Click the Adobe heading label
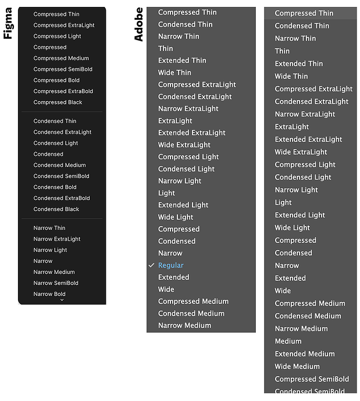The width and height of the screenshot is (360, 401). pos(138,24)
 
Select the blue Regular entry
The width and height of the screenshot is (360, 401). pos(171,265)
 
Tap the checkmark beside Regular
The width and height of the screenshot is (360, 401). pos(151,265)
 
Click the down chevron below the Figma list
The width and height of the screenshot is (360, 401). pos(62,300)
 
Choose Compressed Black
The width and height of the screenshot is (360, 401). pos(58,102)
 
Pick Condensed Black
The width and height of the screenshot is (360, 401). pos(56,209)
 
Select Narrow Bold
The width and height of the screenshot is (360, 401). pos(49,294)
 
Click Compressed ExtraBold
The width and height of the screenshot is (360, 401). pos(63,91)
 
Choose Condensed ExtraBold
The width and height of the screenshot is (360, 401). pos(62,198)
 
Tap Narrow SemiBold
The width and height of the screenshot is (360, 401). pos(56,283)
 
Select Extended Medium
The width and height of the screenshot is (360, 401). pos(305,354)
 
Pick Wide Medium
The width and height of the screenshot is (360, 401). pos(297,367)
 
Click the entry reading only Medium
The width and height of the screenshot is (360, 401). pos(288,341)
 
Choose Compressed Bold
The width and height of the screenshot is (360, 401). pos(56,80)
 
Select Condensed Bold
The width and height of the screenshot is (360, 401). pos(55,187)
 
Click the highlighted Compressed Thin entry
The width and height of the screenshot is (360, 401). pos(304,13)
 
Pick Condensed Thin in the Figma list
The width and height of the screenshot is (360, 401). pos(55,121)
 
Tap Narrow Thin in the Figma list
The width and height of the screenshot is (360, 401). pos(49,228)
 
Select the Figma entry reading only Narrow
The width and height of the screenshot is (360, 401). pos(43,261)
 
